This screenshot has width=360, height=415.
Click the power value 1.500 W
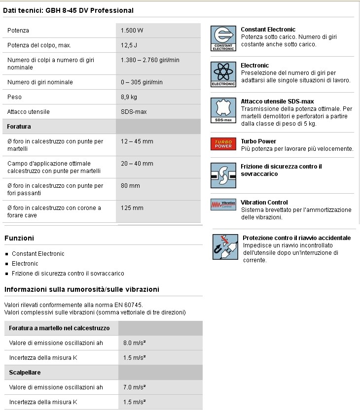click(132, 31)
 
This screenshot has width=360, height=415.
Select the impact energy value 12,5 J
click(129, 45)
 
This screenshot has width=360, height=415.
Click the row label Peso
click(14, 97)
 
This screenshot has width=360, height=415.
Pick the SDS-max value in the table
click(134, 112)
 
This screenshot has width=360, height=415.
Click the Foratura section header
click(19, 127)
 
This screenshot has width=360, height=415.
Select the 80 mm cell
click(130, 186)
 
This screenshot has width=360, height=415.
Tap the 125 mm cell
click(132, 208)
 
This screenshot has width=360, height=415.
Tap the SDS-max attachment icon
click(223, 110)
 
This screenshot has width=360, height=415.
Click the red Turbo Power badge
click(223, 144)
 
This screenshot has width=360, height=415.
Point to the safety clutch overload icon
click(223, 175)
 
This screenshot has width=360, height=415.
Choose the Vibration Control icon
click(223, 205)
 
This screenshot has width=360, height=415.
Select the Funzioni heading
click(19, 238)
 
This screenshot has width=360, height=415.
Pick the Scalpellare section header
click(25, 373)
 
